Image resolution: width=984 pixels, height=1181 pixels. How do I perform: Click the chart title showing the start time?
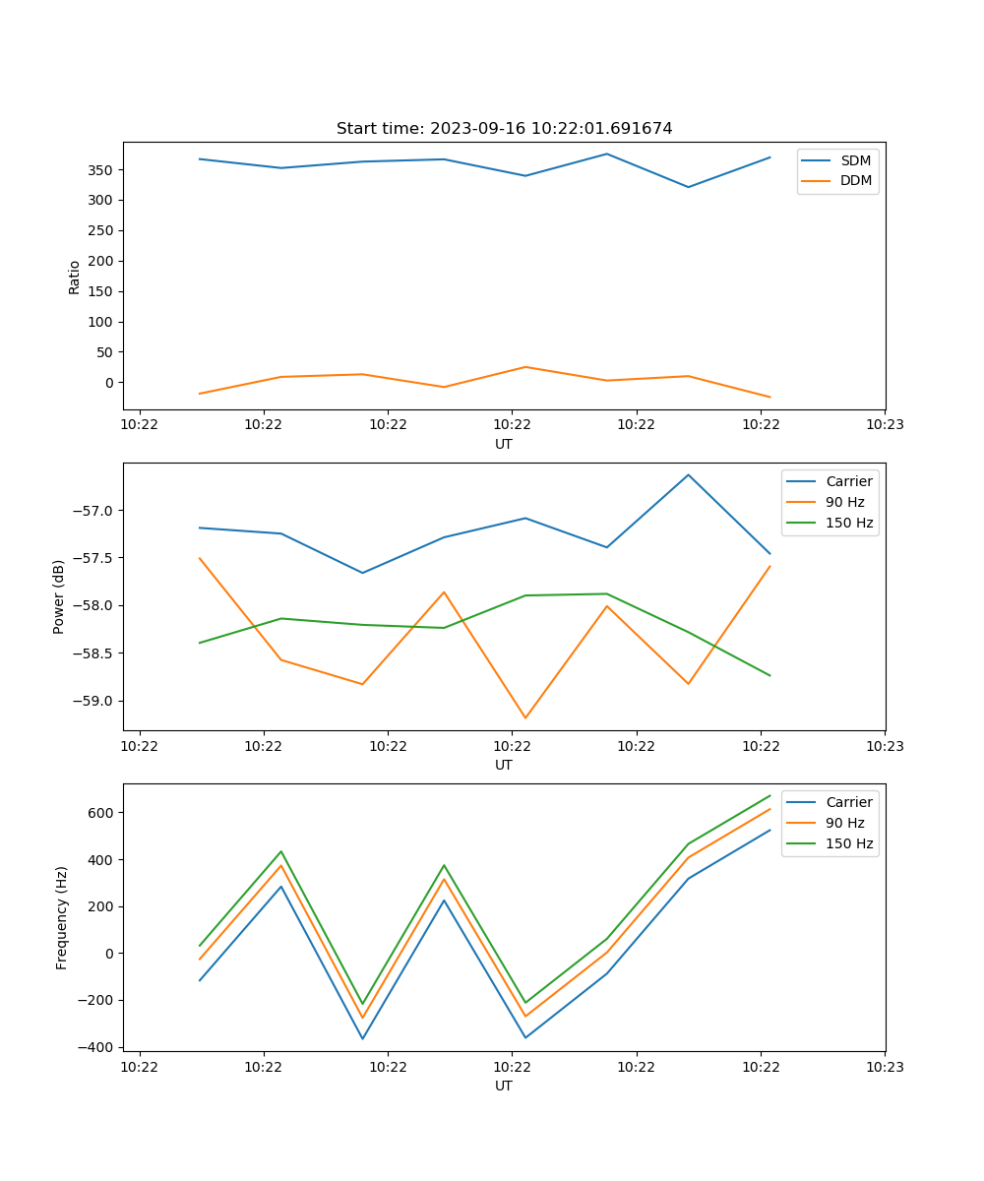[504, 129]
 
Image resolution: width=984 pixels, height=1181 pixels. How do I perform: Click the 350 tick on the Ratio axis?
[101, 170]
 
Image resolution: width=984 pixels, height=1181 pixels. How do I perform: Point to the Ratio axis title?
[75, 277]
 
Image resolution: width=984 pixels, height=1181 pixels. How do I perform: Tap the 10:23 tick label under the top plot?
[884, 425]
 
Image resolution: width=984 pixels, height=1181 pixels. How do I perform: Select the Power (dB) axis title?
[59, 596]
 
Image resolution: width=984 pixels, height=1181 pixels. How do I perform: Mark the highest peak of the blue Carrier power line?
[688, 474]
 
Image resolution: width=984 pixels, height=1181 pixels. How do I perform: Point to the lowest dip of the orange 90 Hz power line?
[525, 717]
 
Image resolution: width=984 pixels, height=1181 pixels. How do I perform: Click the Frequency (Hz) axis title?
[61, 917]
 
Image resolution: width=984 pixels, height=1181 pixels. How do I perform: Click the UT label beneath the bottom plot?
[504, 1086]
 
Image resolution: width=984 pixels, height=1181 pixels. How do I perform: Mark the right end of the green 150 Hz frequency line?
[769, 795]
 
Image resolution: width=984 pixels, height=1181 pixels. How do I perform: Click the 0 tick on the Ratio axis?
[109, 383]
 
